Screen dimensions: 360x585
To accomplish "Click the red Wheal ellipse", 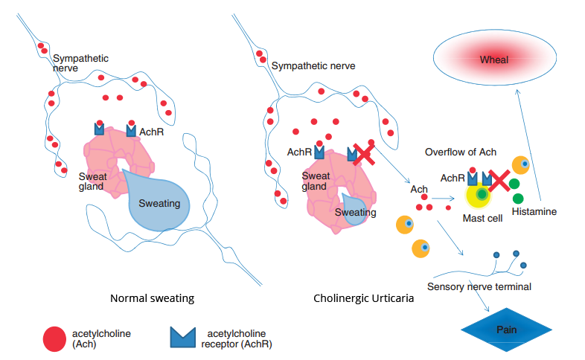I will point(494,60).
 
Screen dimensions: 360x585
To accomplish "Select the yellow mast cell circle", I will point(480,196).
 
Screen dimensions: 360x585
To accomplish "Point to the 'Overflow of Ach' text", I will point(461,152).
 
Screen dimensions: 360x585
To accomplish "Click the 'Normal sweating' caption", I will point(152,298).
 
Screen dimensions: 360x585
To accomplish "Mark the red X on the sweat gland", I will point(363,154).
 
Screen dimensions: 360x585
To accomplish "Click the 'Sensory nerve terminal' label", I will point(479,286).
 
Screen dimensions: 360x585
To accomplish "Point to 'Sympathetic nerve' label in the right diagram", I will point(313,66).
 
